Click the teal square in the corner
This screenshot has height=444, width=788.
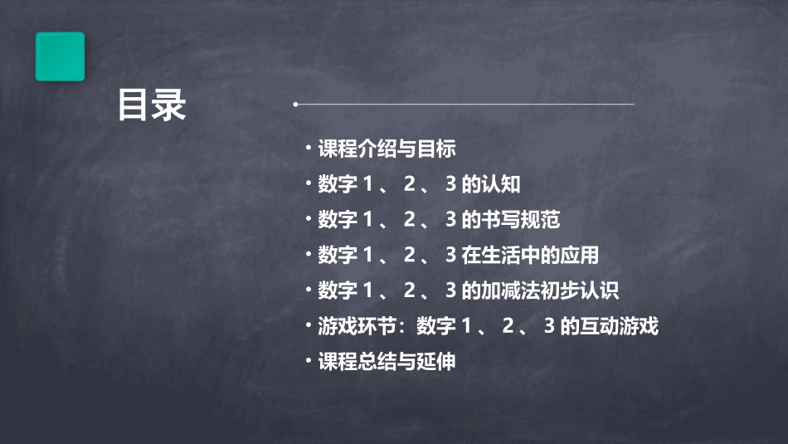tap(60, 56)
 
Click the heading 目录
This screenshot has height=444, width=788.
tap(152, 105)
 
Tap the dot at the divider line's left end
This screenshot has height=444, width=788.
tap(295, 105)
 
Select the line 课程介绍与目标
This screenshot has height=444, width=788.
tap(387, 149)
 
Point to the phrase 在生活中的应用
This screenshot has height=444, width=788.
tap(529, 255)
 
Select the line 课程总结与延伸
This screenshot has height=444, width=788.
tap(387, 362)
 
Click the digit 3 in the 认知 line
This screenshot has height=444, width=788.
tap(451, 184)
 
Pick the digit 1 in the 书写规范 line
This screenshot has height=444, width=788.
tap(367, 220)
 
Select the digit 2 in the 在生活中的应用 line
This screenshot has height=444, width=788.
tap(409, 255)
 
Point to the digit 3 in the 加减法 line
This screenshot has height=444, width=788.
tap(451, 290)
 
